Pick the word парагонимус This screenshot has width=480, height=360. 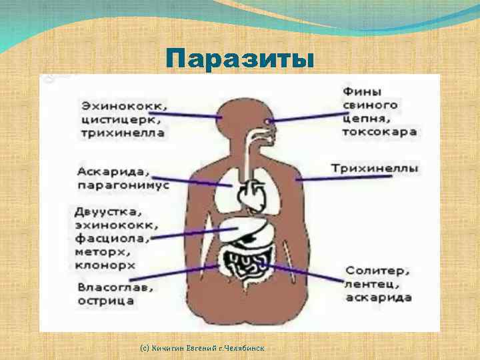123,184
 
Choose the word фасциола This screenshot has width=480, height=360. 111,238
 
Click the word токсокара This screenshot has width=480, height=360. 379,131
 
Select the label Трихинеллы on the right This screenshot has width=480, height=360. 375,168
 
